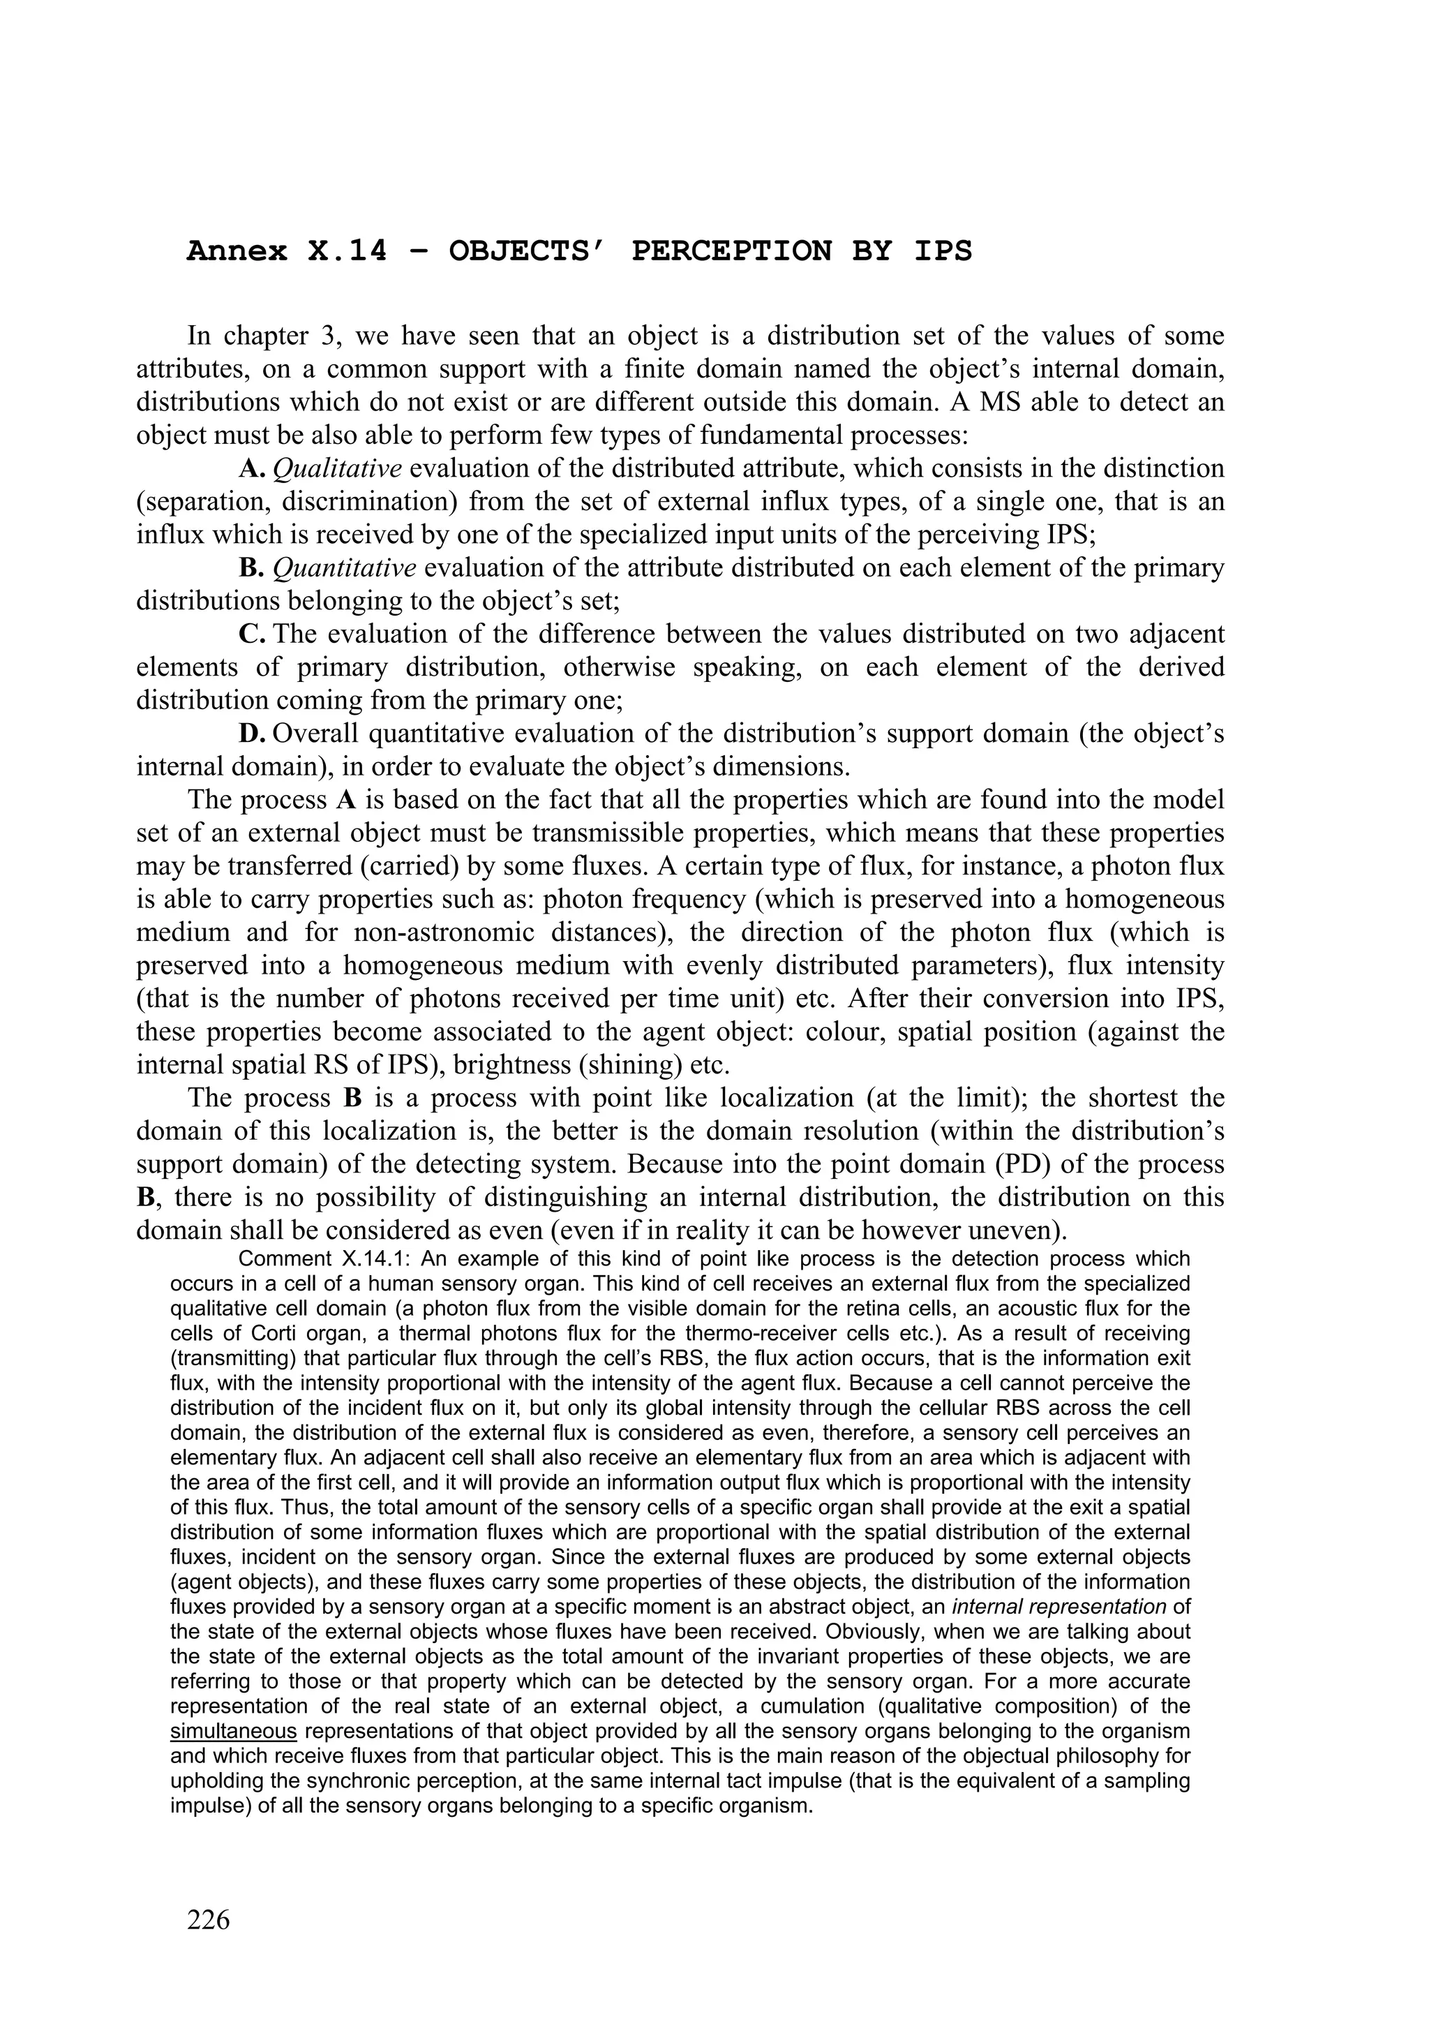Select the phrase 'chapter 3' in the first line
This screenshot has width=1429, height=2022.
point(279,336)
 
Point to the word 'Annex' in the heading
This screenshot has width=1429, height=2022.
point(236,252)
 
